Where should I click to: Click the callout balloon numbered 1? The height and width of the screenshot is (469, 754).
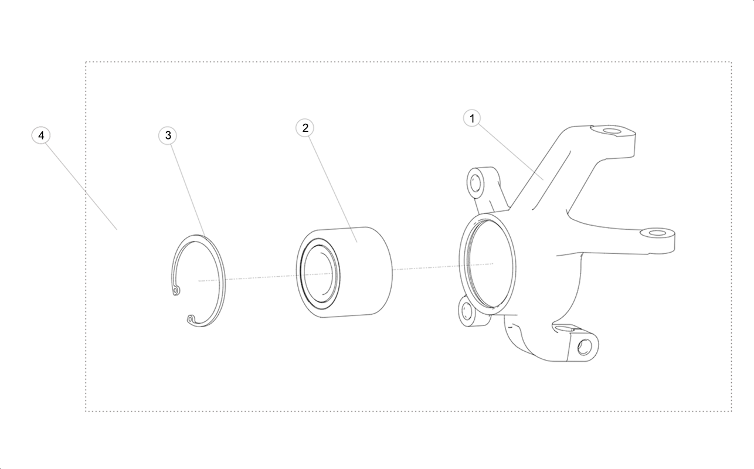click(472, 118)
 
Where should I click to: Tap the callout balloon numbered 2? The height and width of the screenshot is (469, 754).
click(305, 128)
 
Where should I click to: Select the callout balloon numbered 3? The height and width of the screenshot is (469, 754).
click(168, 135)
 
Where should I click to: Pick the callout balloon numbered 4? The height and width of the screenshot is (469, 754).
click(41, 135)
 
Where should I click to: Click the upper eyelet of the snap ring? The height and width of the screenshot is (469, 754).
click(175, 290)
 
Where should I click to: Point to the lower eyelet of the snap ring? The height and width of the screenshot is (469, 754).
click(191, 318)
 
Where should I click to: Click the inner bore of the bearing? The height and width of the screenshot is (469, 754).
click(320, 273)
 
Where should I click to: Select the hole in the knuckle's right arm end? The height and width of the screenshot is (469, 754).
click(657, 233)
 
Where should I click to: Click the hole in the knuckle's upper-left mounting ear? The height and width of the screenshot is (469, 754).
click(476, 183)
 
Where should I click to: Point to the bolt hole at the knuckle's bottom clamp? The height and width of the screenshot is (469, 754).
click(584, 347)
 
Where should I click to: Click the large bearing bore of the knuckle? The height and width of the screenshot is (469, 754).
click(487, 264)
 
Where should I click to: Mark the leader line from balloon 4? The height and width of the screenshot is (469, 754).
click(81, 186)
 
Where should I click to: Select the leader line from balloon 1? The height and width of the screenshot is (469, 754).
click(511, 152)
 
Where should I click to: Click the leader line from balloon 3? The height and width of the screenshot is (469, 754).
click(188, 189)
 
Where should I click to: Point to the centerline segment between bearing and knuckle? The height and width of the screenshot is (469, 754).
click(443, 267)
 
